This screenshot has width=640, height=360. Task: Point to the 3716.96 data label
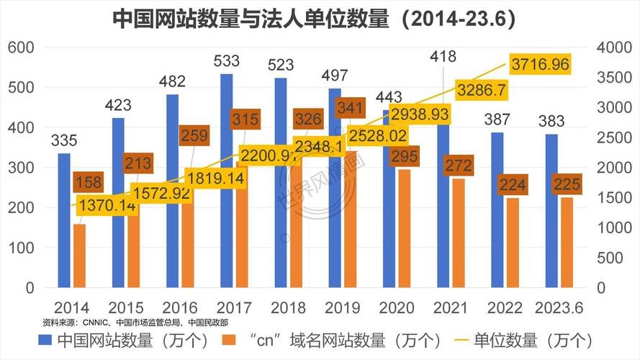[540, 65]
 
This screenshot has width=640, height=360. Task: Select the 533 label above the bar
[226, 61]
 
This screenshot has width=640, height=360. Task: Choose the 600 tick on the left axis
[21, 48]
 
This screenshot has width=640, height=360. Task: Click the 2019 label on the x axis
[342, 307]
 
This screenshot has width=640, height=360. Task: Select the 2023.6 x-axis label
[559, 307]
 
